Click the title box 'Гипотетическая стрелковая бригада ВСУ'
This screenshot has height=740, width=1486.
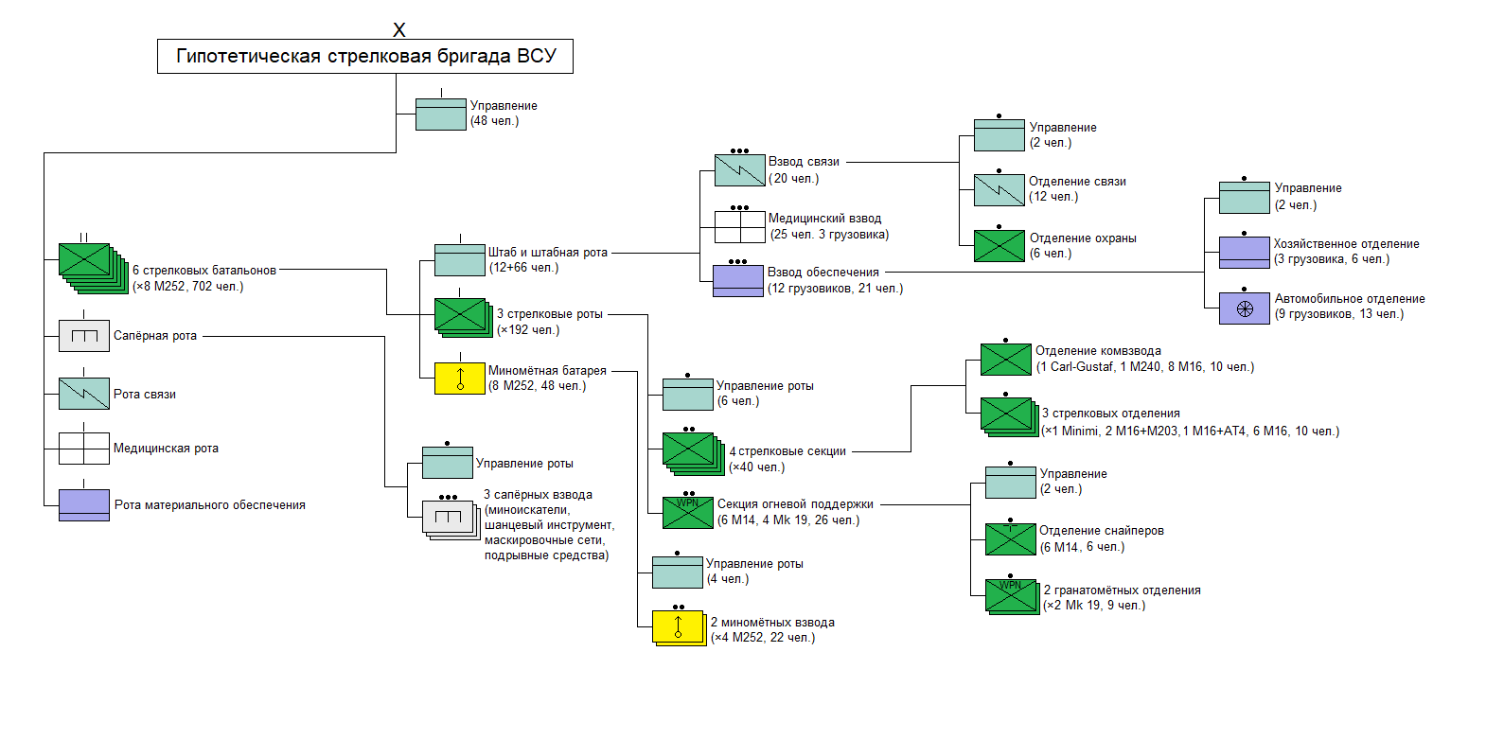364,57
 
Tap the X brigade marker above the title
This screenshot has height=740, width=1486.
399,30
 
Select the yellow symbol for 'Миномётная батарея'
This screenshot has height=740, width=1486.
460,379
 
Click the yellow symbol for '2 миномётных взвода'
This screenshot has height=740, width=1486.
678,627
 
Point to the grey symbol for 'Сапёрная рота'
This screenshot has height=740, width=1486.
84,336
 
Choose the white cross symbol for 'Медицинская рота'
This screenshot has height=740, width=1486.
84,449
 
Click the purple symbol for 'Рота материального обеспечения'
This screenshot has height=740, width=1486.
84,504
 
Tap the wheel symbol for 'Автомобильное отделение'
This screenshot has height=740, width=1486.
1245,308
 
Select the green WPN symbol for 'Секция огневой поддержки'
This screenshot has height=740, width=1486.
688,512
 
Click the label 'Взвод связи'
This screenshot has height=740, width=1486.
804,162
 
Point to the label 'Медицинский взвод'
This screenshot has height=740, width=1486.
824,219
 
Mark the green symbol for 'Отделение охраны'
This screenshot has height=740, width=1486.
1000,246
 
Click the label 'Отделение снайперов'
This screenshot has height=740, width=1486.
1102,531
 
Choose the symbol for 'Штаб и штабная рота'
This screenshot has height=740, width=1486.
460,260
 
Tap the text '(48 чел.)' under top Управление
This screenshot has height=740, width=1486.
495,121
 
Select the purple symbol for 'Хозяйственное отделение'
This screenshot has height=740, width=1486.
1245,253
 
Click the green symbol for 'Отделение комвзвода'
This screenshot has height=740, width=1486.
1005,360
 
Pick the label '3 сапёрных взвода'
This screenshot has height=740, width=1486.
538,495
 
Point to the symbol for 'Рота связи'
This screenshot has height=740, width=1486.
84,394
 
